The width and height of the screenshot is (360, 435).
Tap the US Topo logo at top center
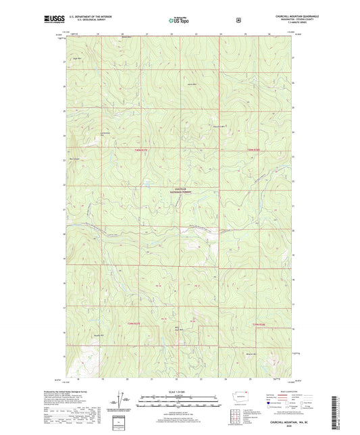coord(180,20)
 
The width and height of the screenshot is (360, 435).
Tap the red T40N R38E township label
coord(253,149)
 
